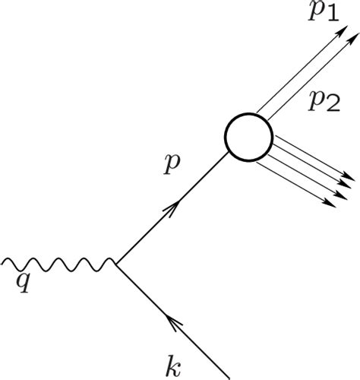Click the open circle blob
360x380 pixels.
pos(248,137)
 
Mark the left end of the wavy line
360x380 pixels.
pos(3,264)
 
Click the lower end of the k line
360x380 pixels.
pos(228,376)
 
